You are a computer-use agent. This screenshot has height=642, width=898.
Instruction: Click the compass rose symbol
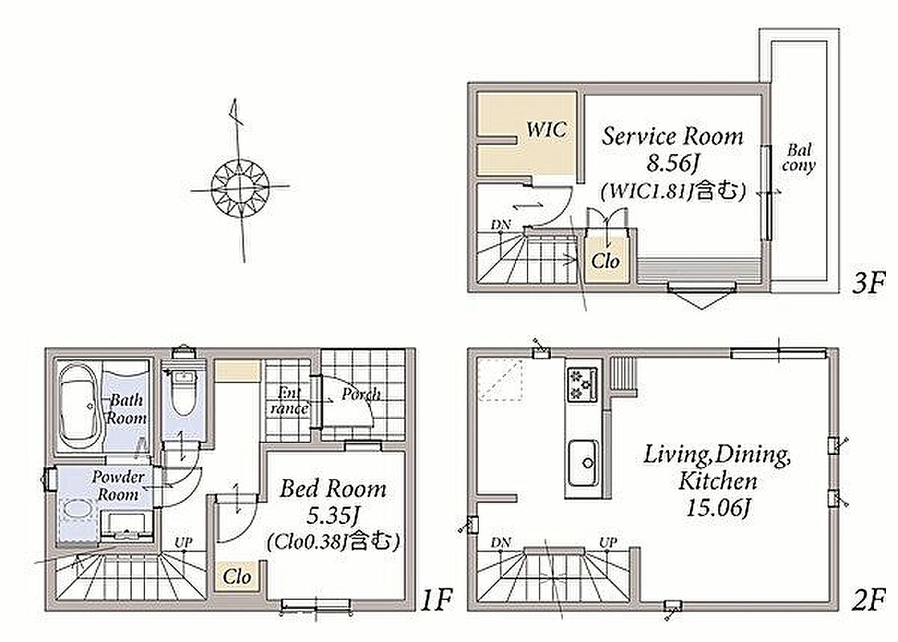[x=239, y=187]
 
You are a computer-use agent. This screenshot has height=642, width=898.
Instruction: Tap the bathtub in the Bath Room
[x=79, y=406]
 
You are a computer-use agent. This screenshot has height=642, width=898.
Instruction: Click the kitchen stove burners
[x=582, y=384]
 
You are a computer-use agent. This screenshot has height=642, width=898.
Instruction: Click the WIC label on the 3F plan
[x=547, y=128]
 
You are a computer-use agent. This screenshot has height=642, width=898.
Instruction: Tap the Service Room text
[x=672, y=136]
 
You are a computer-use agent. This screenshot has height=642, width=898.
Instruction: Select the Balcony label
[x=798, y=158]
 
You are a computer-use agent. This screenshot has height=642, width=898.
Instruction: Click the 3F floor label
[x=868, y=282]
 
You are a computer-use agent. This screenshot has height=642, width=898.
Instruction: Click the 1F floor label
[x=436, y=600]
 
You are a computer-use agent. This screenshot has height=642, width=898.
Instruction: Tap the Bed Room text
[x=333, y=489]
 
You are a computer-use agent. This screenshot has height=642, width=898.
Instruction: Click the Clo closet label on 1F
[x=237, y=575]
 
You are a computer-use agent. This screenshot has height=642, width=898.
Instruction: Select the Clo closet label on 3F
[x=606, y=261]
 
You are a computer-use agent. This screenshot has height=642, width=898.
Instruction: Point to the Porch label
[x=361, y=394]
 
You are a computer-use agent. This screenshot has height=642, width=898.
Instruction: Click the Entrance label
[x=290, y=400]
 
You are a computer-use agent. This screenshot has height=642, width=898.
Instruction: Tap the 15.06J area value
[x=718, y=507]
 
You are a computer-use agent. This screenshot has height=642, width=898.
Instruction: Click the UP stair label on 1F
[x=183, y=542]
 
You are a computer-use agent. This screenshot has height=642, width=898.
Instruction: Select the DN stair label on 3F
[x=500, y=225]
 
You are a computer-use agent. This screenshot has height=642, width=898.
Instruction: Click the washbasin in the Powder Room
[x=77, y=509]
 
